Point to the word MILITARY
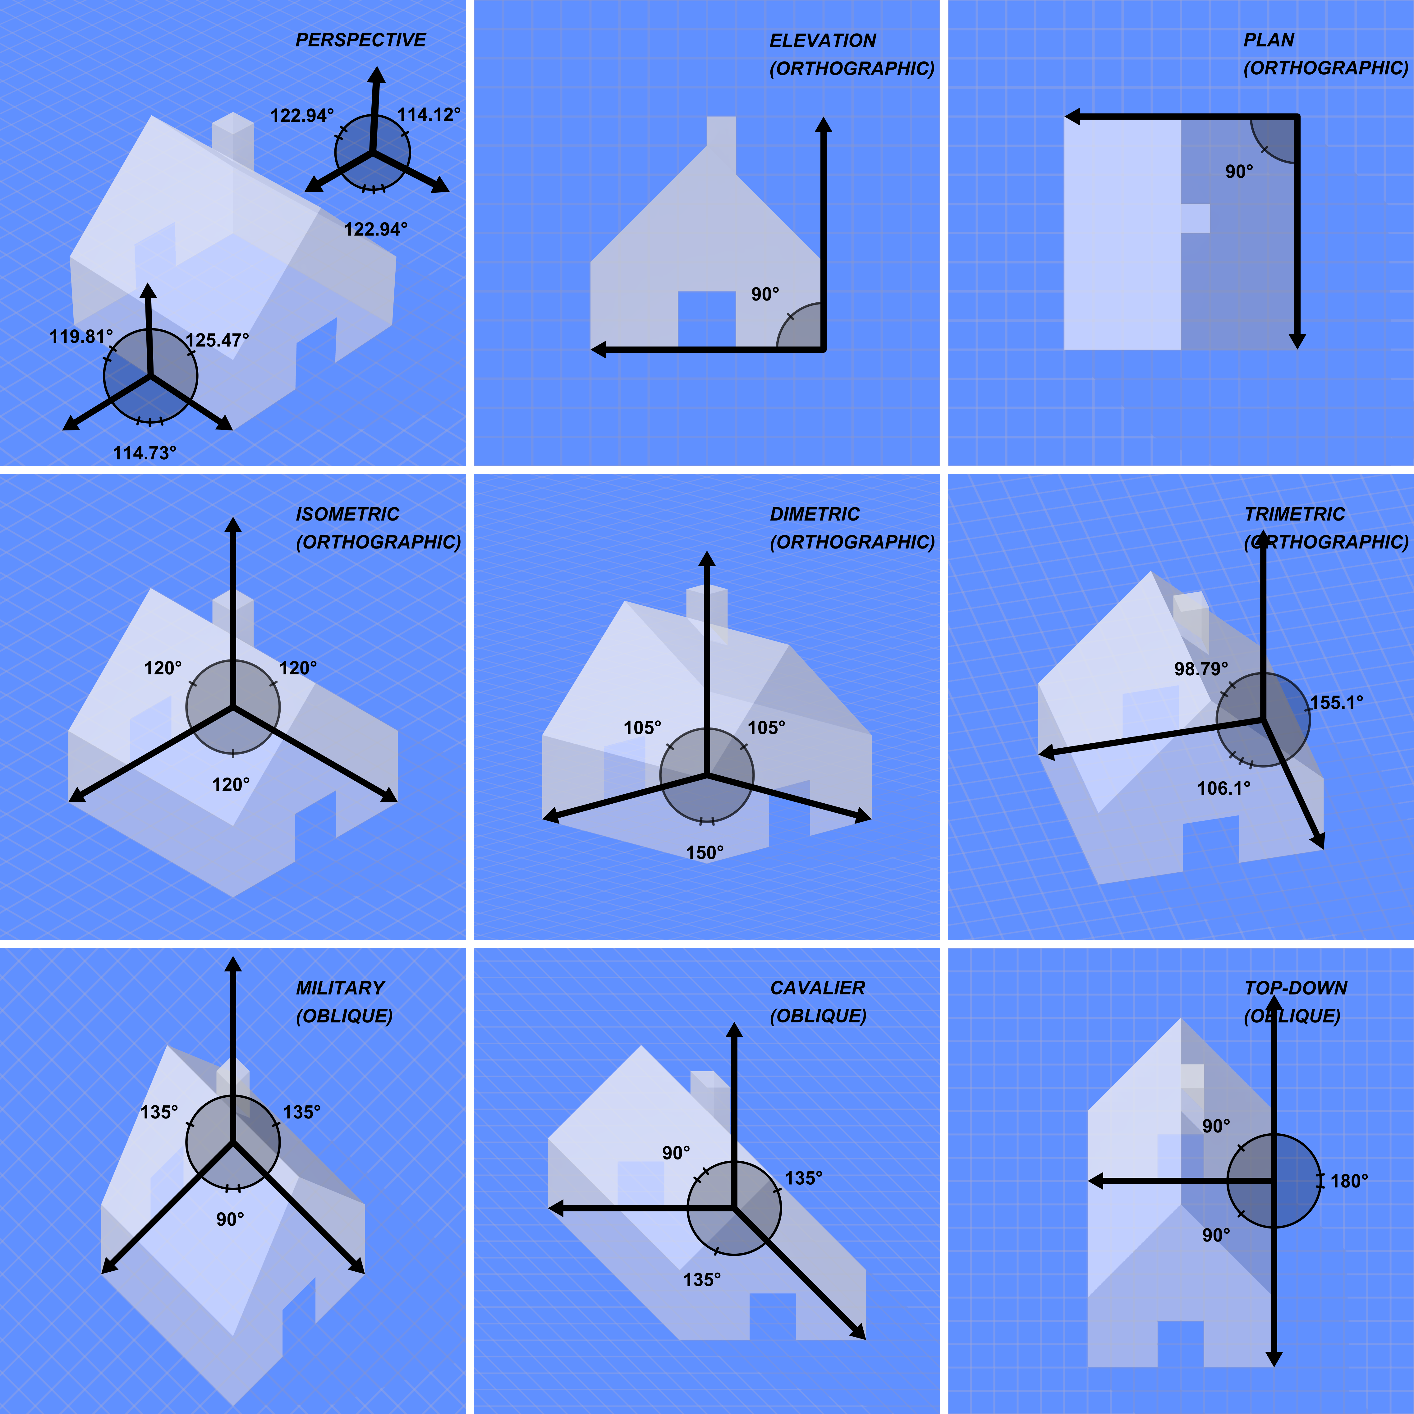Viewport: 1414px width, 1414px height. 340,988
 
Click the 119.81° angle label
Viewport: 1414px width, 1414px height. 81,337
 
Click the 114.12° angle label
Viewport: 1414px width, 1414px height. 429,115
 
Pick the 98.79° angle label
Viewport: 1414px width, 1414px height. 1201,669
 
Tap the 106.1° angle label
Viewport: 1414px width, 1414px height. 1224,788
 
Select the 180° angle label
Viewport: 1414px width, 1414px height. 1349,1181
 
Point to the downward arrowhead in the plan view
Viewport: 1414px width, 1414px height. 1297,341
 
